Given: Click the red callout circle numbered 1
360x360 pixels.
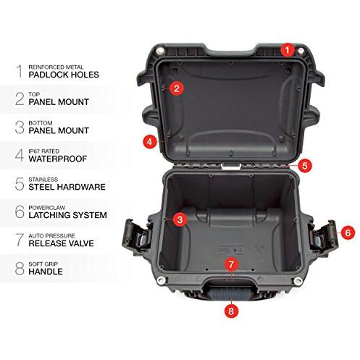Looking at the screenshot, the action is [x=287, y=50].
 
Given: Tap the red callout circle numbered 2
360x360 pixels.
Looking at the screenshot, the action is [x=177, y=88].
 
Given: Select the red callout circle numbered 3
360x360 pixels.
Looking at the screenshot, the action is [x=180, y=219].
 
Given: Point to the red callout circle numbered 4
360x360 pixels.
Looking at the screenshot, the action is [x=150, y=142].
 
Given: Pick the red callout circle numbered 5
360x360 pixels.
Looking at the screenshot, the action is [x=305, y=166].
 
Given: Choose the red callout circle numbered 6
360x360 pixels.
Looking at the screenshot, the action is [x=348, y=233].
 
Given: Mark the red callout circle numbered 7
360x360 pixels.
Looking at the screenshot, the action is [x=231, y=264].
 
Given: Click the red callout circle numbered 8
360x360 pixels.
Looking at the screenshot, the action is [x=231, y=311].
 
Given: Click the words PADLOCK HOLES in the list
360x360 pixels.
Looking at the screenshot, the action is [x=64, y=75].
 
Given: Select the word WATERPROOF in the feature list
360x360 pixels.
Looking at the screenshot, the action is [x=58, y=159].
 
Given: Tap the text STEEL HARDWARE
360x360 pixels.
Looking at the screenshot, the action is [x=67, y=187].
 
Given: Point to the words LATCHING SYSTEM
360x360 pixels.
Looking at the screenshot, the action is [x=67, y=215].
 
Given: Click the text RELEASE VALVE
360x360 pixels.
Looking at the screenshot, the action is [x=61, y=243].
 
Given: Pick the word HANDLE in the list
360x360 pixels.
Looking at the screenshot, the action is [x=46, y=272].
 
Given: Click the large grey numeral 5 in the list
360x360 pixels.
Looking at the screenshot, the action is [x=20, y=184].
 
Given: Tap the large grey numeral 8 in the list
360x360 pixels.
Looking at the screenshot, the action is [x=20, y=269].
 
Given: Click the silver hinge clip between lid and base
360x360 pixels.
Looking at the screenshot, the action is [x=231, y=167].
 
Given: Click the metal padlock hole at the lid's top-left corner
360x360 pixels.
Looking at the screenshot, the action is [x=160, y=51].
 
